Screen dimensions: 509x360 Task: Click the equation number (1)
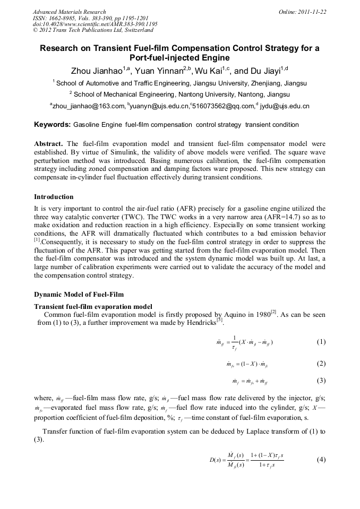321,342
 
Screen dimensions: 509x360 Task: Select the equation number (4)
321,460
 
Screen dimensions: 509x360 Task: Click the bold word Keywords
52,125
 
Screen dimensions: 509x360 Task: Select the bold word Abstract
48,144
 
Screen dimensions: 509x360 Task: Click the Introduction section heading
54,197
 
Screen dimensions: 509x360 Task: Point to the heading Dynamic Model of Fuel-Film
80,294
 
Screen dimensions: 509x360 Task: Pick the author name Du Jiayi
265,71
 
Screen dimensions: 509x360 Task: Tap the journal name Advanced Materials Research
69,12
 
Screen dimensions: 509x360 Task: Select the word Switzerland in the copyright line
136,31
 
